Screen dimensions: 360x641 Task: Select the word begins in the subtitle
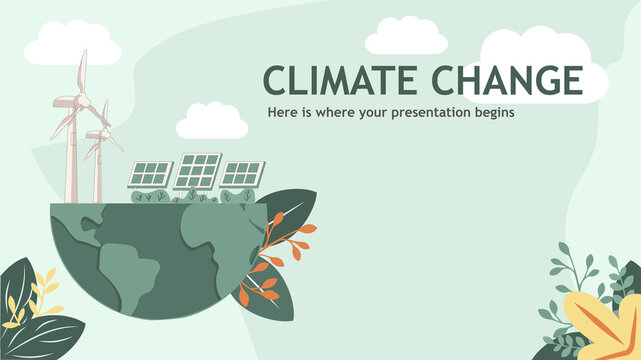tap(490, 113)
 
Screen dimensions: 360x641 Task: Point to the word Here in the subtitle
tap(282, 113)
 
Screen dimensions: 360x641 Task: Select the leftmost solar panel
tap(151, 174)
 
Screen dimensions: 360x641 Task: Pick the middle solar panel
tap(198, 170)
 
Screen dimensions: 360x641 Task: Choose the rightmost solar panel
tap(241, 173)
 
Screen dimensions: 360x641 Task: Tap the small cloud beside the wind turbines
tap(211, 123)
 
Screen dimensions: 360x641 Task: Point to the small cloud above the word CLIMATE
tap(405, 38)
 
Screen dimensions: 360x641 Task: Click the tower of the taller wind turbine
tap(70, 160)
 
